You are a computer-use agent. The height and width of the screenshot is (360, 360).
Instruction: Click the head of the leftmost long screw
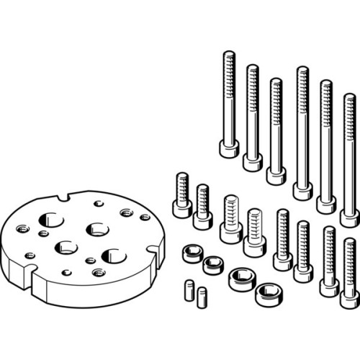[x=229, y=149]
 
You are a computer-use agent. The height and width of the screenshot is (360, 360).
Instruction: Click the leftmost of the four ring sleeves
[x=191, y=253]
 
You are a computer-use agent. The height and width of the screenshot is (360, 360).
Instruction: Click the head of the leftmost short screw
[x=181, y=208]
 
